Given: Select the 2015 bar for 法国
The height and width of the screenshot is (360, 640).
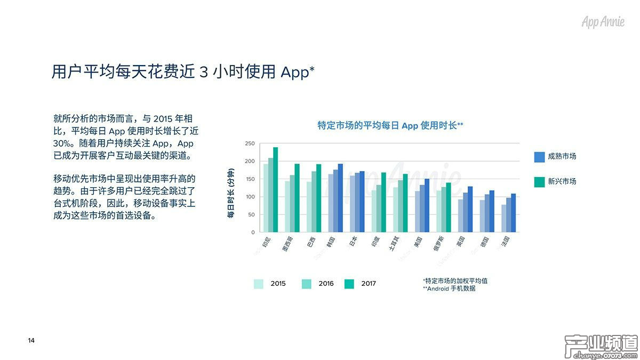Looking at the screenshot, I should pos(503,219).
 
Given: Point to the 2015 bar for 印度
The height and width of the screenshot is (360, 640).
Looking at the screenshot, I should pos(374,211).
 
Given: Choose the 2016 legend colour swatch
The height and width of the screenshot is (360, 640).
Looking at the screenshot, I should pos(307,284).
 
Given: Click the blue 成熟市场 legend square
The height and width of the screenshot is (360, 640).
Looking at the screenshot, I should pos(539,157).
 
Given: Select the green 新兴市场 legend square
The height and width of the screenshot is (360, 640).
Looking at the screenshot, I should pos(539,181).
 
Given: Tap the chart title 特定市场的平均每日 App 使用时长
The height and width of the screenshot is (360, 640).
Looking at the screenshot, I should pos(389,126).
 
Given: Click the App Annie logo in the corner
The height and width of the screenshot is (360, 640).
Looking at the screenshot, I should pos(603,22).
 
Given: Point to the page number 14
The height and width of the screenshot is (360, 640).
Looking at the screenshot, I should pos(31,341).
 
